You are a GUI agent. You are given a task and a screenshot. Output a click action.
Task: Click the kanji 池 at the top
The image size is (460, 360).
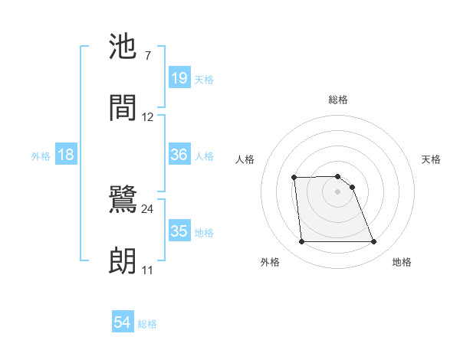[x=124, y=48]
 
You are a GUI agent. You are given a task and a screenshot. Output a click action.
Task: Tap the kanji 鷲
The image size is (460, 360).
[x=124, y=201]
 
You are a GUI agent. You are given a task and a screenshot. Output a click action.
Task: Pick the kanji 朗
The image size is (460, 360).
[x=124, y=260]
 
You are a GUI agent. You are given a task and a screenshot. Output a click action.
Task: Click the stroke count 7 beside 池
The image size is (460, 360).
[x=147, y=56]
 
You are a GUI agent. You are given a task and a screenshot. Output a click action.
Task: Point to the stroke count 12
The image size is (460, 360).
[x=148, y=116]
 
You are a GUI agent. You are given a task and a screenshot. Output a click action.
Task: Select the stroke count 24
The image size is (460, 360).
[x=148, y=208]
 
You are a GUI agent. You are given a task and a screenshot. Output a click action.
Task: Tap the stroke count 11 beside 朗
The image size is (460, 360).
[x=147, y=270]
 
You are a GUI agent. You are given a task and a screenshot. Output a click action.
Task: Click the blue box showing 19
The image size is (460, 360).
[x=179, y=78]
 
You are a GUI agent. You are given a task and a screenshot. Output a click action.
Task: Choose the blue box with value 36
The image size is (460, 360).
[x=179, y=155]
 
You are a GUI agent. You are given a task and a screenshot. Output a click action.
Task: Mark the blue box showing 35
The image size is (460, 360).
[x=179, y=231]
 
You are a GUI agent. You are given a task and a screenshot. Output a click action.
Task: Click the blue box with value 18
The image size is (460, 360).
[x=66, y=155]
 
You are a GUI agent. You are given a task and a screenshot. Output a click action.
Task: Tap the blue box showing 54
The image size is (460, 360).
[x=123, y=323]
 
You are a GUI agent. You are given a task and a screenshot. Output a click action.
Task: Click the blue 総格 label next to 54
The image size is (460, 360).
[x=148, y=324]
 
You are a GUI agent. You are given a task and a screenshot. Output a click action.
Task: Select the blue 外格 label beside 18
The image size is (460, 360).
[x=41, y=156]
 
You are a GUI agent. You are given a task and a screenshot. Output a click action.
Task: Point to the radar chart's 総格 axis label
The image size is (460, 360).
[x=338, y=100]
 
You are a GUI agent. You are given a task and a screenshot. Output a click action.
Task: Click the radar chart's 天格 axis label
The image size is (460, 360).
[x=432, y=159]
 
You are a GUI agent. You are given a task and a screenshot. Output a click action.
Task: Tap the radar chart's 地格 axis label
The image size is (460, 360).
[x=402, y=262]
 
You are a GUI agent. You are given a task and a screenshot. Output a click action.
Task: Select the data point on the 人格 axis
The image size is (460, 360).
[x=294, y=178]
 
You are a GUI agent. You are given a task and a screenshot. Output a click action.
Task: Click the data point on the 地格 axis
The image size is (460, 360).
[x=374, y=242]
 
